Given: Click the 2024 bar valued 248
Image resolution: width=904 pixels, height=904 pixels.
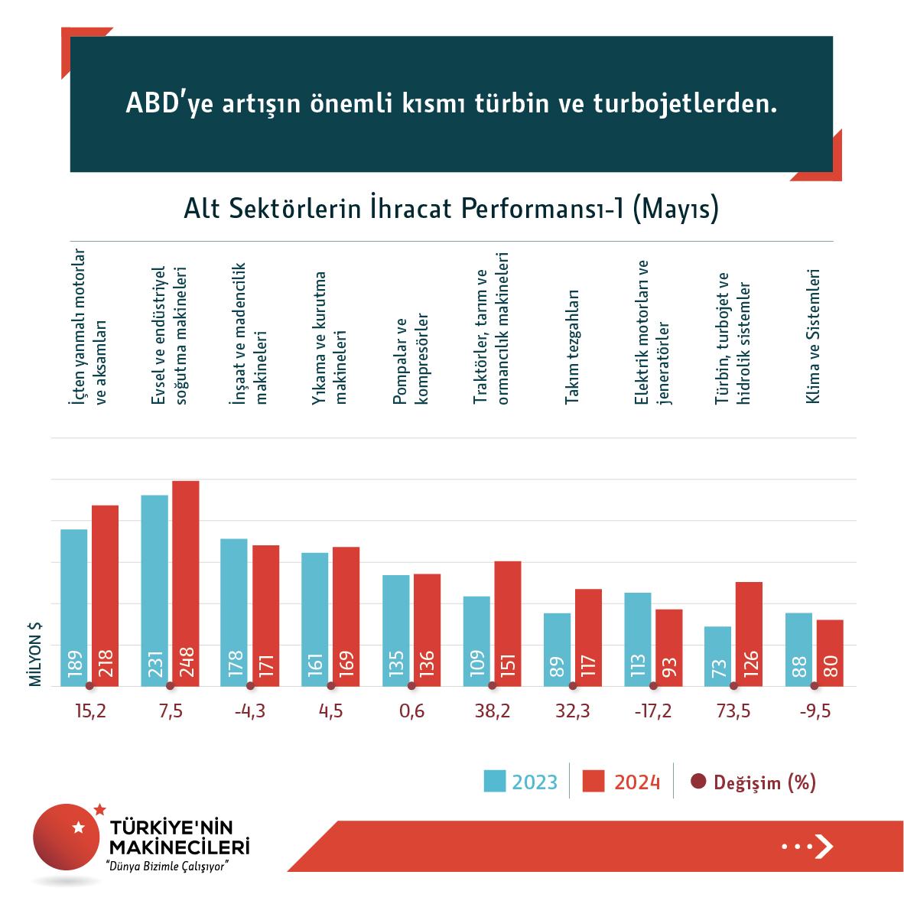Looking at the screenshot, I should coord(186,583).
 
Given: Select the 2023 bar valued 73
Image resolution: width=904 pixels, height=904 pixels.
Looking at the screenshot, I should coord(717,656).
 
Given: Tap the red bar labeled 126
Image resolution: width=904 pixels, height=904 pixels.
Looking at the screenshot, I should coord(749,633).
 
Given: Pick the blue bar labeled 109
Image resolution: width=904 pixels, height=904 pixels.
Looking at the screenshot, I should coord(476,641).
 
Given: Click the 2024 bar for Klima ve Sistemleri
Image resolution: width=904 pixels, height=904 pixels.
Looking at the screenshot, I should coord(830,652).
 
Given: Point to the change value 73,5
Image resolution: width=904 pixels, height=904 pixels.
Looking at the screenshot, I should coord(733,711).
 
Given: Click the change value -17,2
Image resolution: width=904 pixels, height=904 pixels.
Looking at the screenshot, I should coord(653,711).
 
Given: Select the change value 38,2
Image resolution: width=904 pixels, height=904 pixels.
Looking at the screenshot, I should coord(493,711).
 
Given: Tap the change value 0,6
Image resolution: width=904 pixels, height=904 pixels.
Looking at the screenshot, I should coord(411,711).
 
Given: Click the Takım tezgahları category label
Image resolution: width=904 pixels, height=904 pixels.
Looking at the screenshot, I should coord(572,346).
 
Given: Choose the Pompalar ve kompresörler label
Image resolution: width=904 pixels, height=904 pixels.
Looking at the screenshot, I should coord(411,359).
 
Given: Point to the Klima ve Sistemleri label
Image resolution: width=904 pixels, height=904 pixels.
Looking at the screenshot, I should coord(813,336).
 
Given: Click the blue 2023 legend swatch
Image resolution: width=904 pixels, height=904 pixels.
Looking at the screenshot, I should coord(495,781).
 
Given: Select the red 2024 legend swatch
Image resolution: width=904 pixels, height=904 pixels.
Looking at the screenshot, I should coord(593,781).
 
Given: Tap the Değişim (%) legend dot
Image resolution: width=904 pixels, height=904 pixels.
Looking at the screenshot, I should coord(698,782).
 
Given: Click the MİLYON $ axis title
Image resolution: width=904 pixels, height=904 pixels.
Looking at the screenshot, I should coord(35,654).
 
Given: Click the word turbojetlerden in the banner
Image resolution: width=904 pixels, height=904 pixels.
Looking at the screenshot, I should coord(685,103).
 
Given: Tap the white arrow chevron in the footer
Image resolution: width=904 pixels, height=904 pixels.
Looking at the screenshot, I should coord(824,846).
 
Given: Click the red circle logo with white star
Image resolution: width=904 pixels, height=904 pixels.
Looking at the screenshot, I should coord(67,837).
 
